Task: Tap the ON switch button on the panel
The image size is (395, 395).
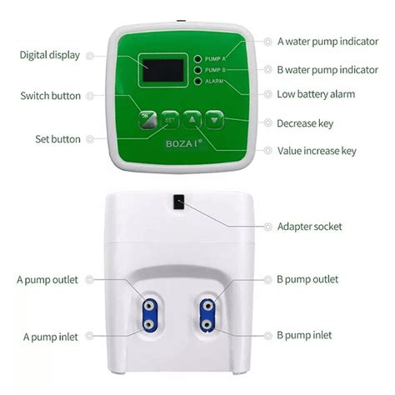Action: (147, 119)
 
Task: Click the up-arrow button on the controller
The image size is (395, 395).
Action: (192, 119)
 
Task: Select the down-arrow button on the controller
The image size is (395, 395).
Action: (215, 119)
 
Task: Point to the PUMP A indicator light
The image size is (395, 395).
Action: (198, 59)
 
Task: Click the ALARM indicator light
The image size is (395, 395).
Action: (198, 81)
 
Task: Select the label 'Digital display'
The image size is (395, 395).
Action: (50, 55)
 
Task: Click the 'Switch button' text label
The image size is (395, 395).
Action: (50, 96)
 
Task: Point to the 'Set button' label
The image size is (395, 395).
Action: (57, 137)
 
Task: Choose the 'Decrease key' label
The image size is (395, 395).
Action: (304, 123)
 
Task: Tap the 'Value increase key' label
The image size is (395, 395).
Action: (317, 151)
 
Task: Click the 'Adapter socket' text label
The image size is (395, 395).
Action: (309, 227)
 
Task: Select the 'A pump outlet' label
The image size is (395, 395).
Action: (49, 280)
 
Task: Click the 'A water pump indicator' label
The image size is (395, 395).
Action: (328, 41)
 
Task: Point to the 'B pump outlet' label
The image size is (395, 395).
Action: (307, 280)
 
